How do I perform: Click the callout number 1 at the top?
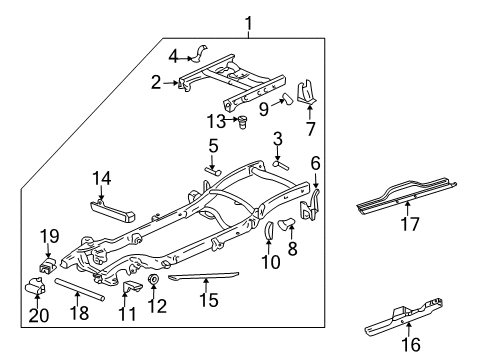[x=248, y=23]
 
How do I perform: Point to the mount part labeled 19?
[x=47, y=267]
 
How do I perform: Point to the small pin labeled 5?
[x=212, y=170]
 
